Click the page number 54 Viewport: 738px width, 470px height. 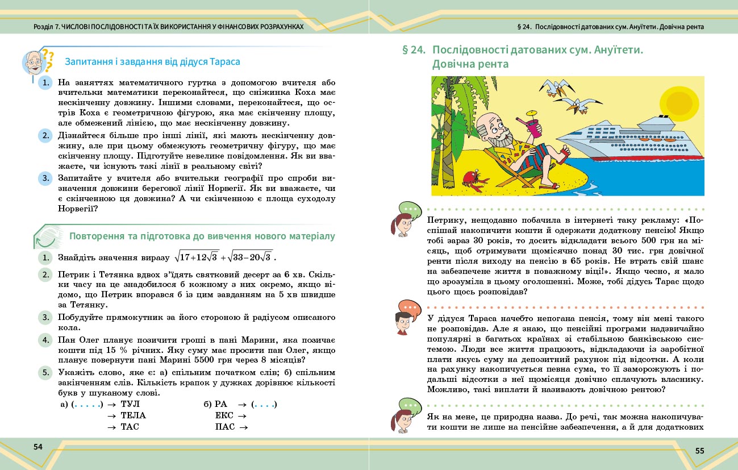pyautogui.click(x=38, y=447)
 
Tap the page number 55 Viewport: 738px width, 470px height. pyautogui.click(x=699, y=451)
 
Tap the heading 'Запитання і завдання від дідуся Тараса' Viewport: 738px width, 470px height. pyautogui.click(x=153, y=61)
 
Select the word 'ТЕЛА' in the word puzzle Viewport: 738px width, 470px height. pyautogui.click(x=134, y=415)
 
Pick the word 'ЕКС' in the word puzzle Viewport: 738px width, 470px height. pyautogui.click(x=224, y=415)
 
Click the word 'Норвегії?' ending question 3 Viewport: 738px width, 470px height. pyautogui.click(x=78, y=209)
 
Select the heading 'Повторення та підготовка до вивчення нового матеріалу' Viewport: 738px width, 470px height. pyautogui.click(x=202, y=236)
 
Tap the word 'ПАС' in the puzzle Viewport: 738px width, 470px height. pyautogui.click(x=224, y=427)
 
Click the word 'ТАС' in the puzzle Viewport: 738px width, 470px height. pyautogui.click(x=130, y=427)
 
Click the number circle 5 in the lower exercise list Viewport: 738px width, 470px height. pyautogui.click(x=45, y=373)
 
